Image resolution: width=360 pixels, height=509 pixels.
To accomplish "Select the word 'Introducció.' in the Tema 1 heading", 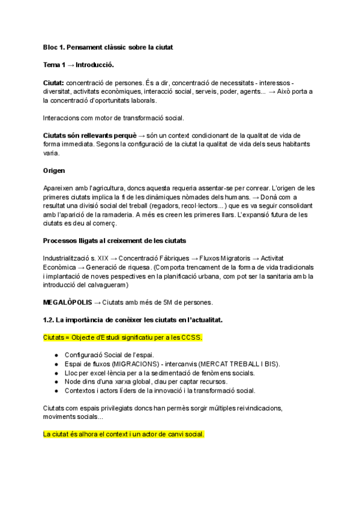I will (x=94, y=64).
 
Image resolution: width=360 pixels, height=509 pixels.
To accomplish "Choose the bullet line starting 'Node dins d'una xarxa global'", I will (x=144, y=382).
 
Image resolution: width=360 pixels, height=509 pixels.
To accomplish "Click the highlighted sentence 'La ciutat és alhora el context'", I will (x=124, y=434).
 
